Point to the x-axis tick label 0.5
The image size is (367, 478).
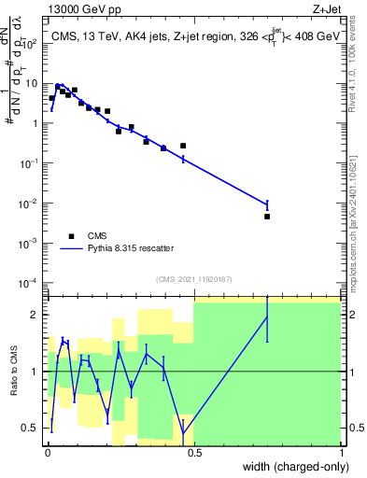(x=193, y=452)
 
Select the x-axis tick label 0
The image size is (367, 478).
(x=47, y=452)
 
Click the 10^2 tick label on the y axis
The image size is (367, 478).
(x=31, y=43)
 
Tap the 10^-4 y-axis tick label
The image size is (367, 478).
(x=30, y=283)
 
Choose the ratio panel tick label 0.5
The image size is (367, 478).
(x=32, y=429)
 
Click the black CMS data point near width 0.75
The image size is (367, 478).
(x=267, y=217)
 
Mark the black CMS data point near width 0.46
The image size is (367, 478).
(x=183, y=146)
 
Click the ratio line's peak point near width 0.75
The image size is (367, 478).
(x=267, y=316)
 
